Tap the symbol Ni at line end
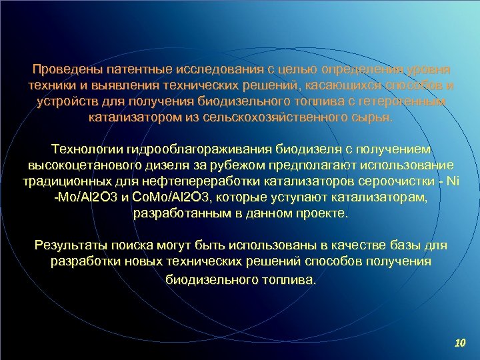click(x=454, y=182)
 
